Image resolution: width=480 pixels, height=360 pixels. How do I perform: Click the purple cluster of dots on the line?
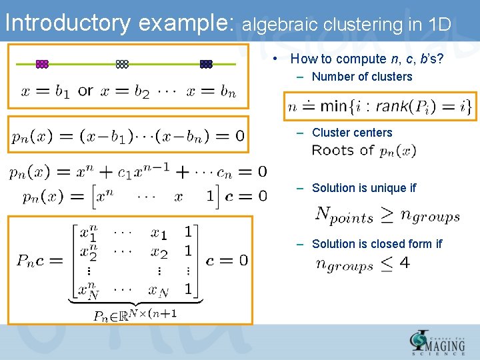[42, 64]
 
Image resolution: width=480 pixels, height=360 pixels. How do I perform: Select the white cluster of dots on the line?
[122, 64]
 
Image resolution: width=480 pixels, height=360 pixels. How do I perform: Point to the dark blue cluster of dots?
[206, 64]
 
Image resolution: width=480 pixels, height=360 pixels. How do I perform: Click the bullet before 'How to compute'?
[276, 59]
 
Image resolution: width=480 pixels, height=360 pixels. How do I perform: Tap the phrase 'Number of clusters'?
[362, 77]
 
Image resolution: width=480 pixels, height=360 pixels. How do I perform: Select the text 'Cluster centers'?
[352, 133]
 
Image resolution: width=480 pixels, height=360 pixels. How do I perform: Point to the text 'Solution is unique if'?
[364, 188]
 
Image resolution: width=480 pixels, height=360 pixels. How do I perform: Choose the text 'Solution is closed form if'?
[377, 244]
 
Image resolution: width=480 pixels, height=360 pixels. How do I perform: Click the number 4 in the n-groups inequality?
[405, 263]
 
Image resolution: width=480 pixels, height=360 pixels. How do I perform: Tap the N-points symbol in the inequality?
[344, 215]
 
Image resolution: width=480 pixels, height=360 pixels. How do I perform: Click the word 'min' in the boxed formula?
[334, 105]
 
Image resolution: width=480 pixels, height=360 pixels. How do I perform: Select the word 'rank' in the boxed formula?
[396, 105]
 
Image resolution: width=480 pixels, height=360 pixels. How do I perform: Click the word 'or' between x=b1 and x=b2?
[85, 91]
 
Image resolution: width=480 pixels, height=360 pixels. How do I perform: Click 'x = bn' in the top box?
[211, 91]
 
